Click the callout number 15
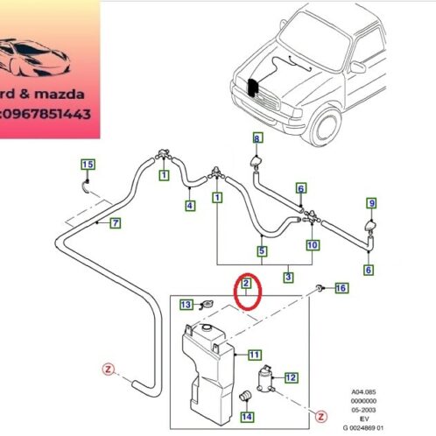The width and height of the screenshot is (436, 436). tap(87, 165)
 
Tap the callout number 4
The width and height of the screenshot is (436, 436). tap(189, 206)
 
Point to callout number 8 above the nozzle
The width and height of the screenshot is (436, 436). tap(257, 138)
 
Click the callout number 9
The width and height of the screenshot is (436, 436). tap(371, 204)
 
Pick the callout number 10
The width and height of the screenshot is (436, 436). tap(313, 245)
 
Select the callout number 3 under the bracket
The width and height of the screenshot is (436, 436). tap(287, 278)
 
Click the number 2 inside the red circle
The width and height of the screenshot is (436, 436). tap(247, 285)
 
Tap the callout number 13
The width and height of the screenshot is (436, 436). tap(186, 305)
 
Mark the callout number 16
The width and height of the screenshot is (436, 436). tap(341, 288)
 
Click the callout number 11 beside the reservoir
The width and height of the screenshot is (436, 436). tap(254, 355)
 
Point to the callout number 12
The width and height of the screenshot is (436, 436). tap(292, 377)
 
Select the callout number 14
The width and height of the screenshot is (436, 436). tap(247, 417)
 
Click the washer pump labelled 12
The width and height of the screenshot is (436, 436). tap(263, 380)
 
